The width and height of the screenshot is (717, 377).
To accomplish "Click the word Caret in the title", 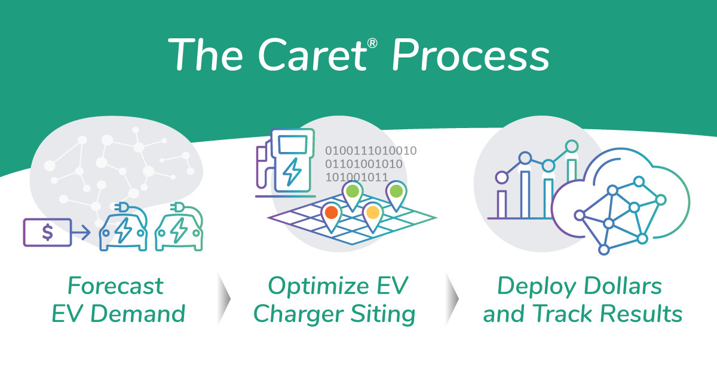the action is click(x=313, y=55).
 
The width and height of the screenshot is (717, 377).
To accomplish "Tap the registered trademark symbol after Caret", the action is click(x=372, y=43).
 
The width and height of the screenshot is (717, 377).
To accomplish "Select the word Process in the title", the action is click(x=471, y=55).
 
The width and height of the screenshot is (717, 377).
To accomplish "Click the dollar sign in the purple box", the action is click(x=47, y=232).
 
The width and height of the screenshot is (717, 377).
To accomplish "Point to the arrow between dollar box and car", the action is click(x=81, y=232).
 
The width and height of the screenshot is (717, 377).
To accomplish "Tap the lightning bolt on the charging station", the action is click(x=292, y=172).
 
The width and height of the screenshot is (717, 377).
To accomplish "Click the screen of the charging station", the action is click(x=293, y=145).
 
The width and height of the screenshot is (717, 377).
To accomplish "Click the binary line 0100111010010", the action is click(x=371, y=151).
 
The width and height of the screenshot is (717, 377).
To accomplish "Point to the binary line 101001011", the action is click(x=357, y=177).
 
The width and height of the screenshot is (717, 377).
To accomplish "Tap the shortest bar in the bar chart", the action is click(x=501, y=204).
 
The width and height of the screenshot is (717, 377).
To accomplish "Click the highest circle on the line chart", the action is click(x=572, y=147).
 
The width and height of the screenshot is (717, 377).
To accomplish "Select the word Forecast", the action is click(x=115, y=285).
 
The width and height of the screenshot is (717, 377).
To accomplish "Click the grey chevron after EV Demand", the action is click(x=223, y=299).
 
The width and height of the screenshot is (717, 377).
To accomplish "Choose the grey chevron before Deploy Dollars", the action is click(x=452, y=299).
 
